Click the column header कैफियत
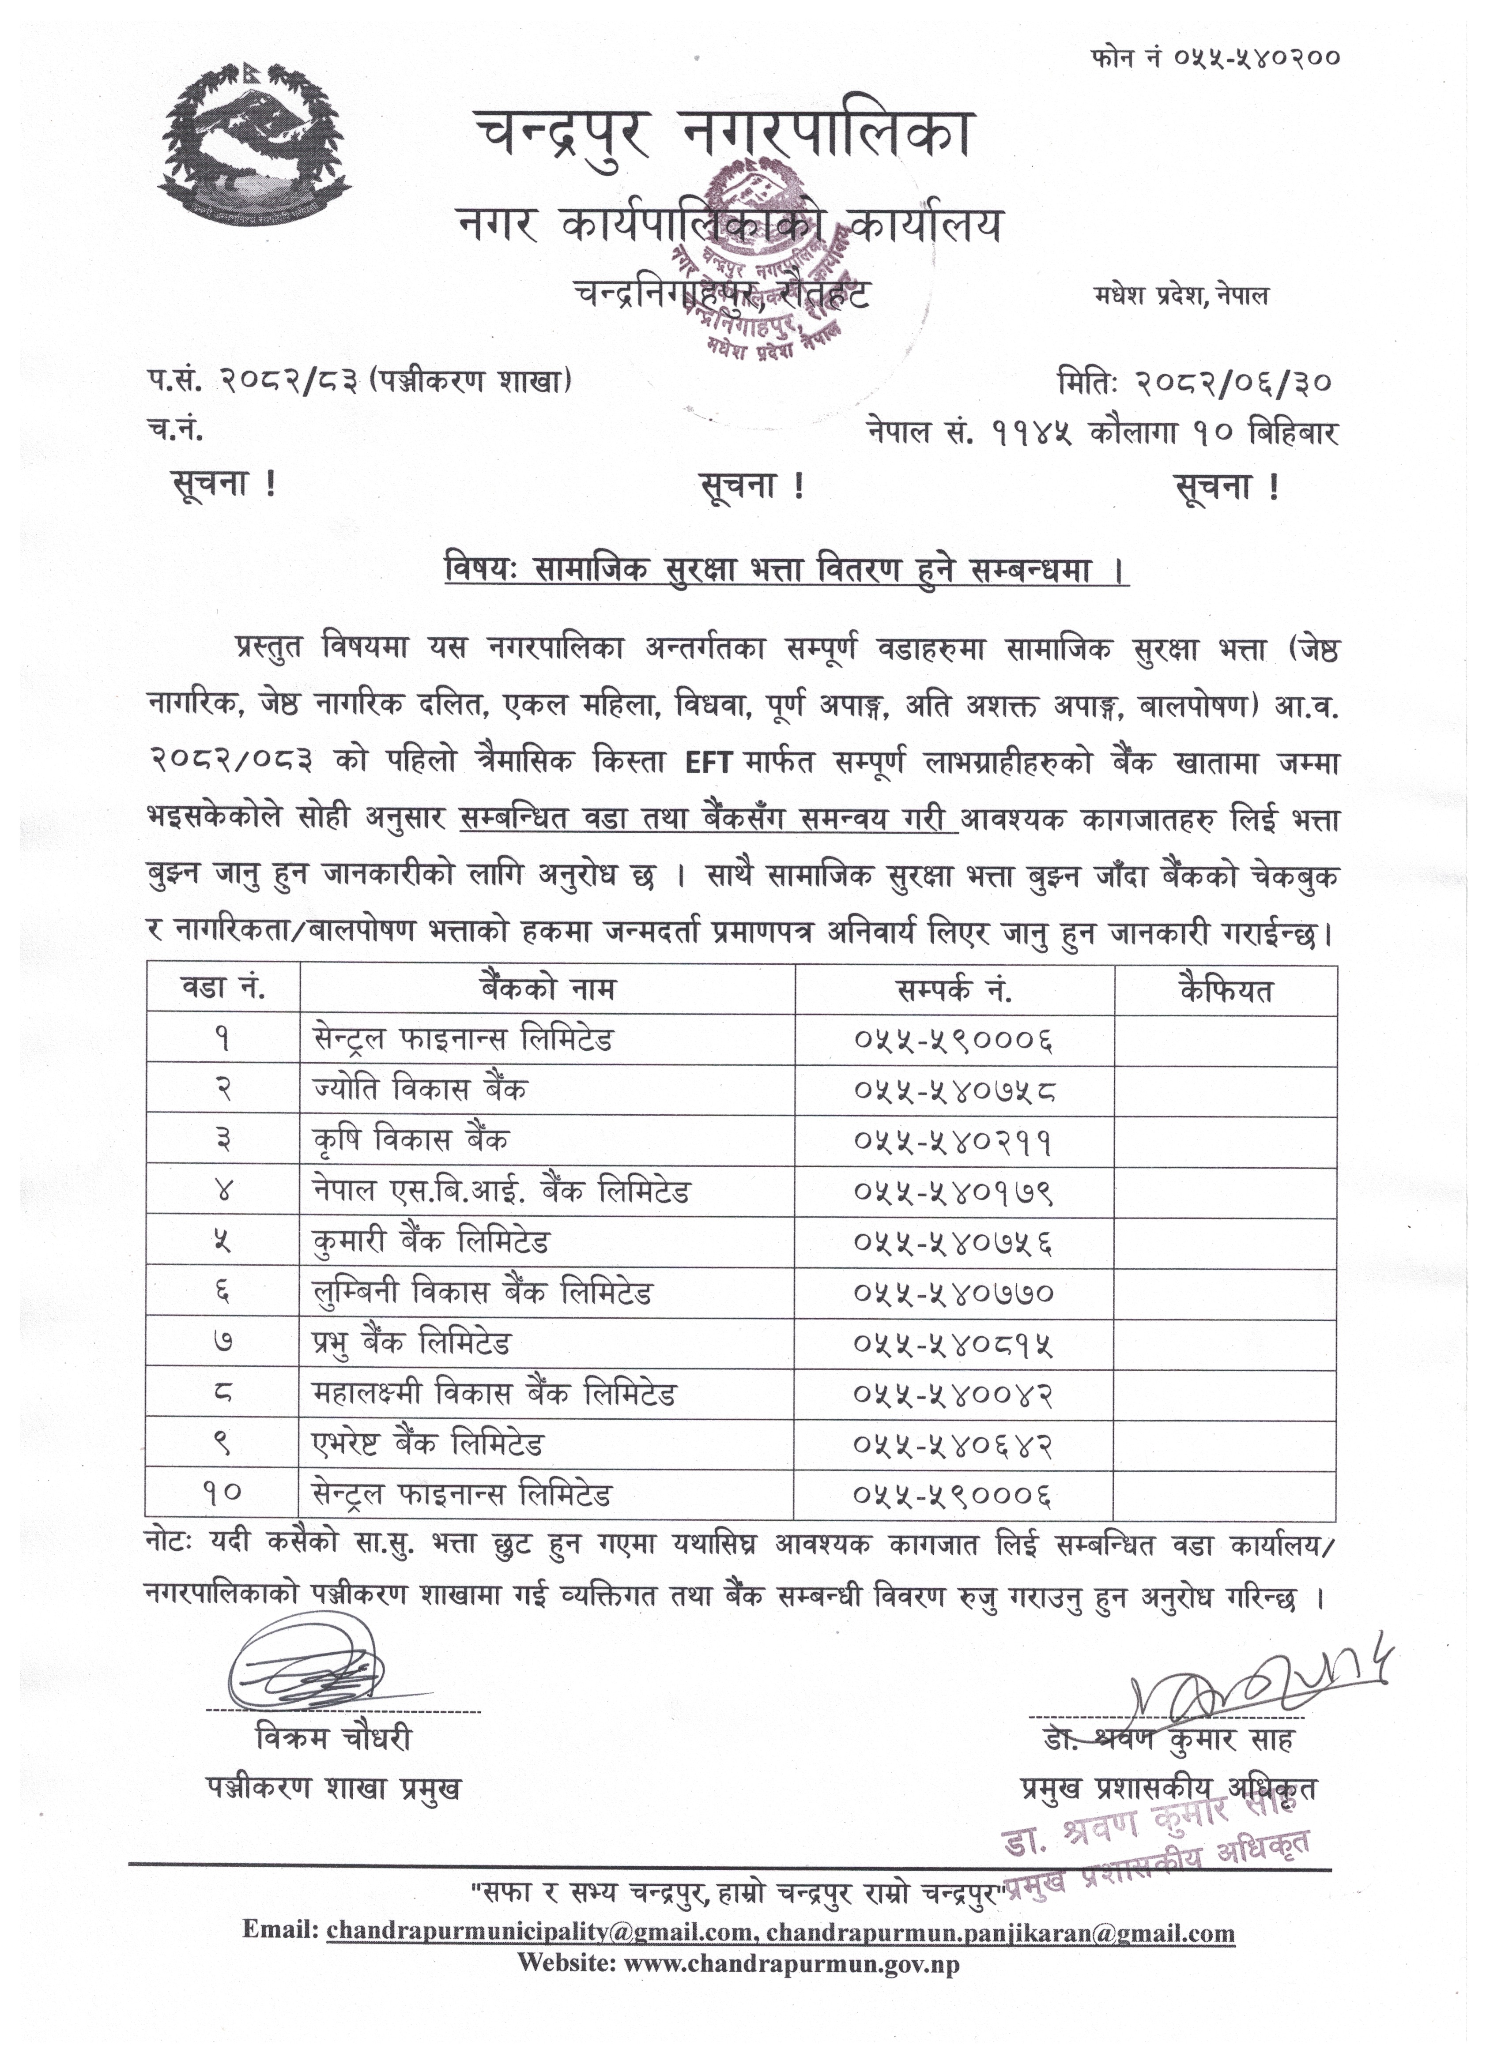1225,989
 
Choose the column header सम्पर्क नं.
954,989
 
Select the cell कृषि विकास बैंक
411,1139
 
